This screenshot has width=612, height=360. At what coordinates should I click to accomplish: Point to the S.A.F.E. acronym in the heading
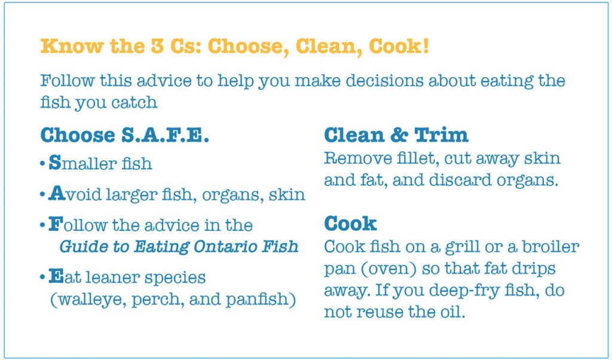click(x=166, y=135)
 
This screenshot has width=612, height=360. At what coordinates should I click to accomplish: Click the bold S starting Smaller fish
click(x=54, y=163)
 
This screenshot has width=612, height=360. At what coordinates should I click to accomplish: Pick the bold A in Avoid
click(x=56, y=194)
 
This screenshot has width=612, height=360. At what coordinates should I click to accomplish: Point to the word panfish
click(x=262, y=299)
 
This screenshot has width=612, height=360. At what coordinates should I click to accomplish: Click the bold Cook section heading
click(x=350, y=224)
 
